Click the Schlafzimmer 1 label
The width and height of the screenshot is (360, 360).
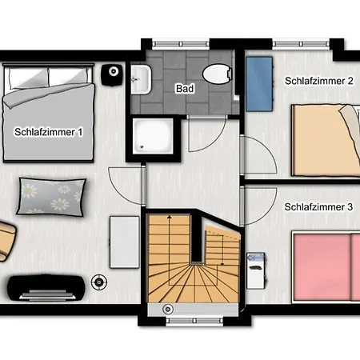(49, 132)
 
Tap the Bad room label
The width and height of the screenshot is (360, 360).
(185, 89)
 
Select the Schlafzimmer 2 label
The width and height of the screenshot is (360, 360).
(319, 81)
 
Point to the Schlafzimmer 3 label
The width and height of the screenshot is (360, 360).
(318, 207)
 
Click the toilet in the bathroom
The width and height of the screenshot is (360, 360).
(218, 74)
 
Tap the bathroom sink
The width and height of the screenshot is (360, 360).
(141, 79)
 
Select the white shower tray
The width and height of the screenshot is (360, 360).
(153, 136)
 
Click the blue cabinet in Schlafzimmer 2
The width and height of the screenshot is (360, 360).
(259, 84)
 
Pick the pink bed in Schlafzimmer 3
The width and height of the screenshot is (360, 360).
(326, 267)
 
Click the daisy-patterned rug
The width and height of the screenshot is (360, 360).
(51, 197)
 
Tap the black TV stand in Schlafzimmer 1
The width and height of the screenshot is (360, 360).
(46, 288)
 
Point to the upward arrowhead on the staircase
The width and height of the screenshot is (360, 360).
(169, 217)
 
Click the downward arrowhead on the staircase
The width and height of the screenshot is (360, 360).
(222, 264)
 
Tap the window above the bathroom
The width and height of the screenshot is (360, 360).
(181, 44)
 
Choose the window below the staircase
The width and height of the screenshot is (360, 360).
(194, 321)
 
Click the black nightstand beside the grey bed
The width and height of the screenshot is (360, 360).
(112, 75)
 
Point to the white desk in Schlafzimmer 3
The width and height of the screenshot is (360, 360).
(256, 271)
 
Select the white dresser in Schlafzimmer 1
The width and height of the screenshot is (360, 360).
(125, 242)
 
